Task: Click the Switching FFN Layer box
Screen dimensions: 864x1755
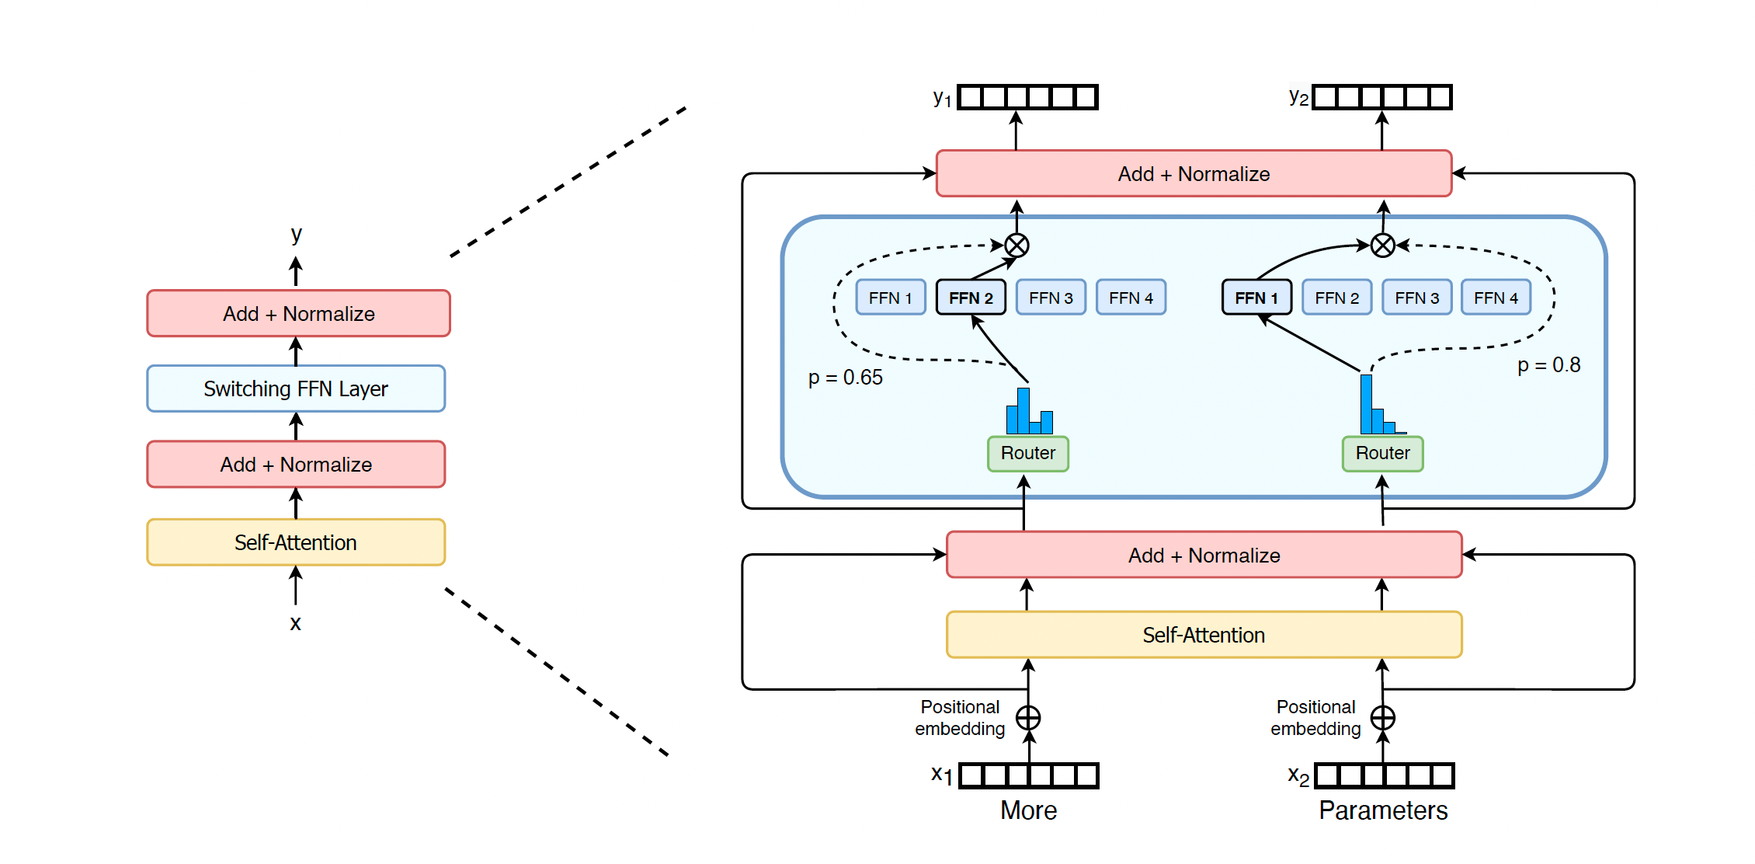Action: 296,388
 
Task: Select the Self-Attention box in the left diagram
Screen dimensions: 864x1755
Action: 296,542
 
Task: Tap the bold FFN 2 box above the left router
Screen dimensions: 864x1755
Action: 971,298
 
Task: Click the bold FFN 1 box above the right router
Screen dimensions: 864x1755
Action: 1256,298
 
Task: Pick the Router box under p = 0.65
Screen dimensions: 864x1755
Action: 1027,454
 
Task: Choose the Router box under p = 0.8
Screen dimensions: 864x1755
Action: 1382,454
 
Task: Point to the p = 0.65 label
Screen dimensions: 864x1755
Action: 845,378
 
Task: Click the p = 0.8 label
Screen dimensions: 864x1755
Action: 1548,365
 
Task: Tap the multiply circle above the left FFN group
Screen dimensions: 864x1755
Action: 1017,246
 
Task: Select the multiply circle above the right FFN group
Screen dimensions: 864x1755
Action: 1382,246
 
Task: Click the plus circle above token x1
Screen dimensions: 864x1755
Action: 1028,718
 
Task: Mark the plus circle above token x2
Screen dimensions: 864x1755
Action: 1382,718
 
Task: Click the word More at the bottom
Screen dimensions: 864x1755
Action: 1028,810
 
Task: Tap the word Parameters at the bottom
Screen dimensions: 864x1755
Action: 1383,810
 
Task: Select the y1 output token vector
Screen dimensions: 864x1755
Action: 1027,97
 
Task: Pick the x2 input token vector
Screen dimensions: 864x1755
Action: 1384,775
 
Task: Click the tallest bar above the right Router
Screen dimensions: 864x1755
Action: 1366,404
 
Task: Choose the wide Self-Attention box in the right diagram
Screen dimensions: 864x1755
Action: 1204,635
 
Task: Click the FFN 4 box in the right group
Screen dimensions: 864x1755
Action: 1496,298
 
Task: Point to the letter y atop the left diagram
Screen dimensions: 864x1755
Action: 296,234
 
